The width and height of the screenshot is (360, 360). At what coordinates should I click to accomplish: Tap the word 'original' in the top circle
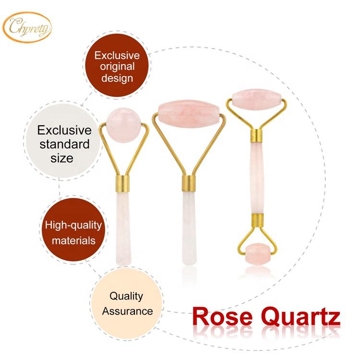[114, 67]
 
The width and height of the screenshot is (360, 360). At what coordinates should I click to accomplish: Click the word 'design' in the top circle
[114, 78]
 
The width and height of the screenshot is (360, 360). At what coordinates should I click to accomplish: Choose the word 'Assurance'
[127, 311]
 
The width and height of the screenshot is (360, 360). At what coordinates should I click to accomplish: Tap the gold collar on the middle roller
[188, 184]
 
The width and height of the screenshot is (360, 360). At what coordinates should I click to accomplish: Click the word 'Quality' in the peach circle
[126, 296]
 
